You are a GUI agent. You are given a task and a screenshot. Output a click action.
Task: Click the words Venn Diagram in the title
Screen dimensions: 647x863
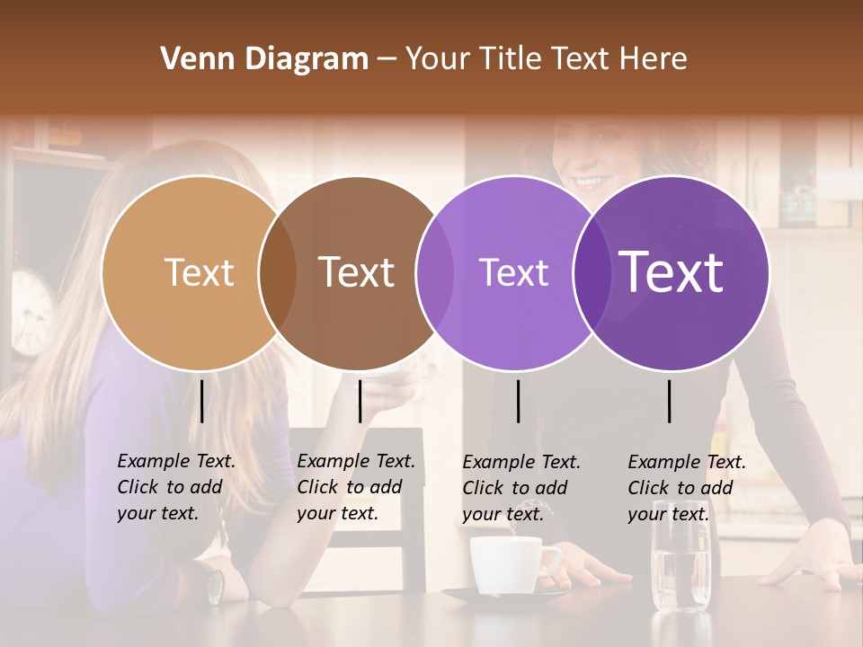264,59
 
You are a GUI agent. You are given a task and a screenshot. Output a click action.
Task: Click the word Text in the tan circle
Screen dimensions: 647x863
199,272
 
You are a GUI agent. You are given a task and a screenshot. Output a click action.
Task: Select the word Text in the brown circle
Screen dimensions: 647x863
357,272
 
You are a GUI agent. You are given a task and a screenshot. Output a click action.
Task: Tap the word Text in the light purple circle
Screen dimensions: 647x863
513,272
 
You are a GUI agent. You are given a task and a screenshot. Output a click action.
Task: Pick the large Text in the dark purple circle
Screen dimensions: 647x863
672,271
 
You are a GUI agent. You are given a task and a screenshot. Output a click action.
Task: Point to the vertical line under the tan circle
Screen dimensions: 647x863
201,401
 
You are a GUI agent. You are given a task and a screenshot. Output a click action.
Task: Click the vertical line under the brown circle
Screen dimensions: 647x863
360,401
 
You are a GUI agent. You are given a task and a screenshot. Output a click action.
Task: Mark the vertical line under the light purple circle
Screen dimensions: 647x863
519,401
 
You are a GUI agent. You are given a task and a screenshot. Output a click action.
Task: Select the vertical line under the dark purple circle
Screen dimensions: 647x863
670,401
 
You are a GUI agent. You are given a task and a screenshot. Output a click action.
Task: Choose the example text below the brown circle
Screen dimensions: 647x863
355,487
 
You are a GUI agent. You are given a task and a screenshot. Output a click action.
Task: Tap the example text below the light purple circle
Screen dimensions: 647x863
520,488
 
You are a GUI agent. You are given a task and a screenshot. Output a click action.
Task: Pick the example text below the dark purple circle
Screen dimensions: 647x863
686,488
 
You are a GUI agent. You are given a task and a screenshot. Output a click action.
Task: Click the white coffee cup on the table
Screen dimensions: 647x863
509,565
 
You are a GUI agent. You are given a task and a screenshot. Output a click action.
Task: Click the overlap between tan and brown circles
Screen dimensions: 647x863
278,272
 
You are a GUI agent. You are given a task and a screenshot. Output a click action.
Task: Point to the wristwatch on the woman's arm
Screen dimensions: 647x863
215,587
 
